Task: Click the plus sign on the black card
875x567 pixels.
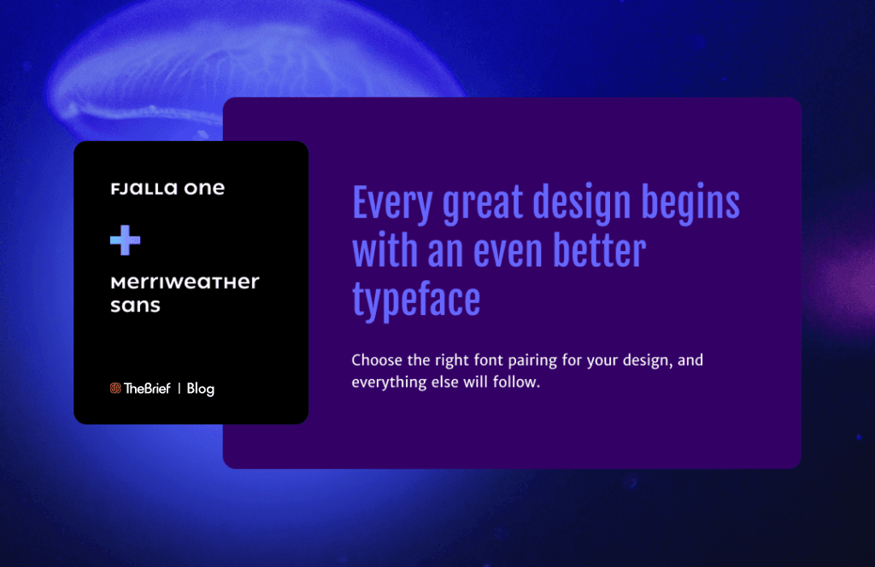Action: point(125,242)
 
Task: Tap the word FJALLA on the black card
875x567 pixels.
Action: point(136,189)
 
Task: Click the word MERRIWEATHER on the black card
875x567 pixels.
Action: point(185,283)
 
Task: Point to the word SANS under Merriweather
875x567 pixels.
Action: point(135,306)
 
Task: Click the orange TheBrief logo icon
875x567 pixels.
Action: point(115,389)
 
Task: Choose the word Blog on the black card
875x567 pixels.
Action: point(200,389)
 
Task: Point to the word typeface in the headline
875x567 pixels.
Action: point(416,301)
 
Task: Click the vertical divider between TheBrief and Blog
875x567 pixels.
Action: point(179,389)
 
